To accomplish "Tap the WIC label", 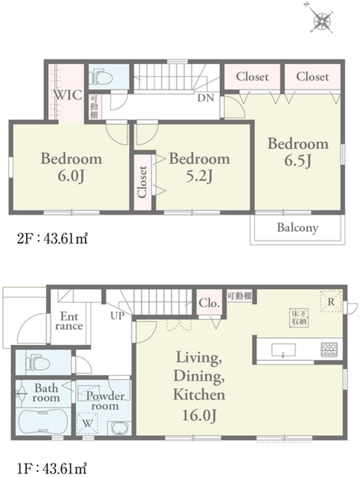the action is pos(68,95).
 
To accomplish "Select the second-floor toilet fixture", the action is pos(100,77).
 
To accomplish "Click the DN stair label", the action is pos(206,98).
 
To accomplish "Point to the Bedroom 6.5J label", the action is pos(298,152).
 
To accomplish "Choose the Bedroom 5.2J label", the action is pos(199,167).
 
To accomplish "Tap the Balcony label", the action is pos(297,228).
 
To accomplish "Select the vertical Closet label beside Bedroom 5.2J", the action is pos(142,182).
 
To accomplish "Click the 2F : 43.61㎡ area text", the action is pos(52,239).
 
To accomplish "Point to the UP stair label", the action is pos(118,316).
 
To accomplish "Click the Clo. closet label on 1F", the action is pos(209,303).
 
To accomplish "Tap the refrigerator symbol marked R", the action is pos(331,301).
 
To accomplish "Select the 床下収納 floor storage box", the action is pos(299,318).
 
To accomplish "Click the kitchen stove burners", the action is pos(329,350).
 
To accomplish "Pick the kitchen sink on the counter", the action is pos(283,350).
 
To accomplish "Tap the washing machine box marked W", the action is pos(88,423).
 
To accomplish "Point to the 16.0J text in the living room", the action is pos(199,415).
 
